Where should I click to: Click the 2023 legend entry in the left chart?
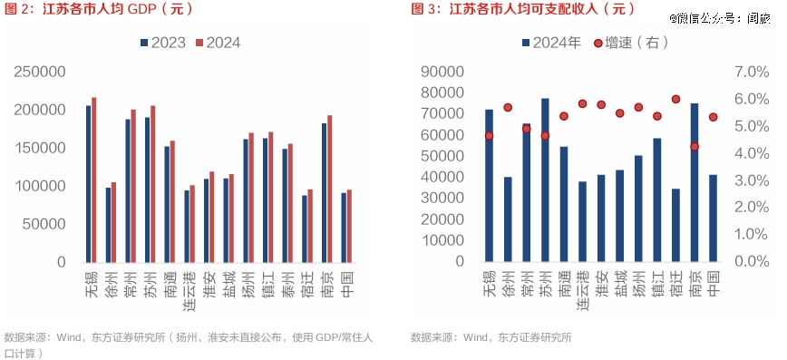point(163,43)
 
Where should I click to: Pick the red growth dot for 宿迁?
point(675,99)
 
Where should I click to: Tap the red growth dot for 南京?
point(695,146)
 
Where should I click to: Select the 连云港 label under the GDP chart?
point(189,287)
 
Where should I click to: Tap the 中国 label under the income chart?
point(714,279)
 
